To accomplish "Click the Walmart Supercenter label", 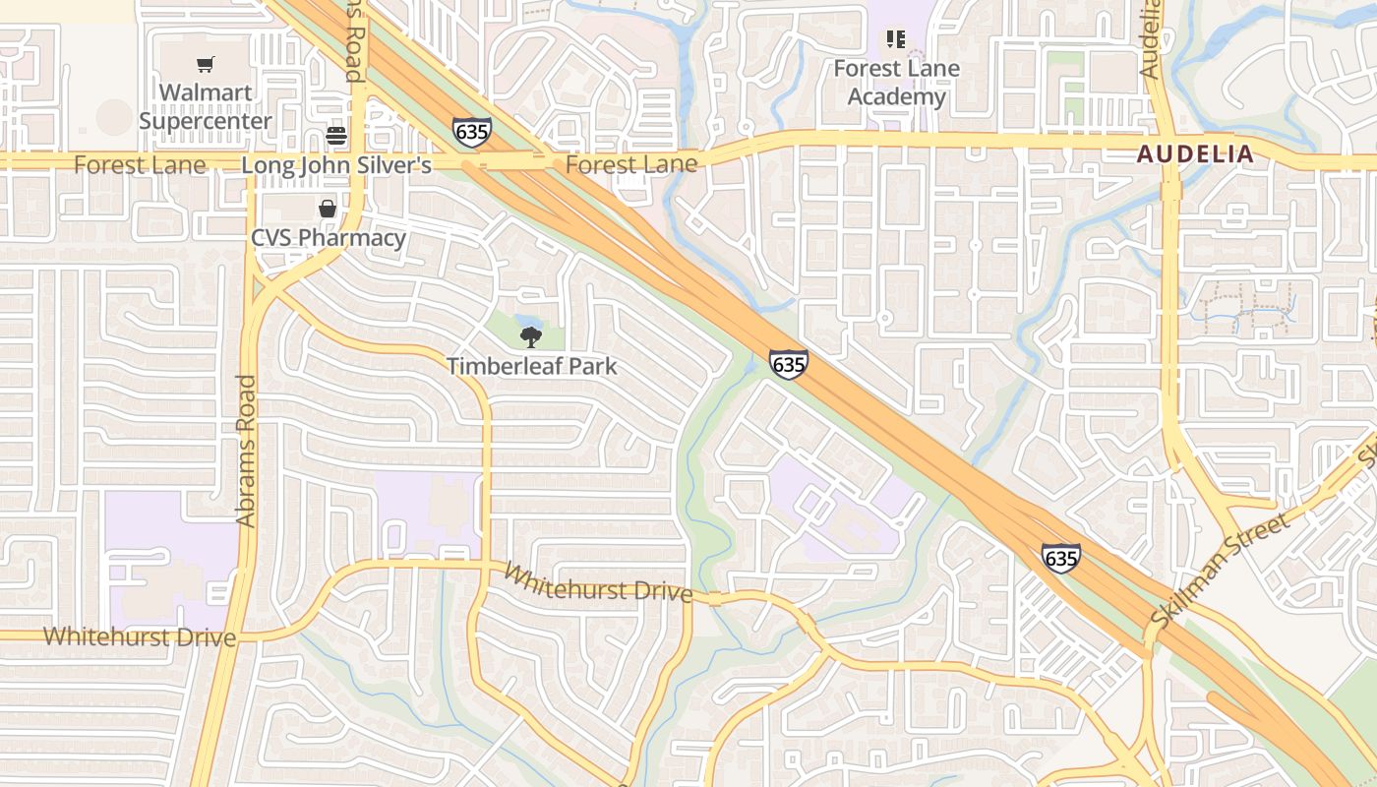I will pyautogui.click(x=205, y=106).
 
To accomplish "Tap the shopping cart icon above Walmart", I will pyautogui.click(x=205, y=65).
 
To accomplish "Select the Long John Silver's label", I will pyautogui.click(x=336, y=165).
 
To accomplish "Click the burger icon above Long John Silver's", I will pyautogui.click(x=336, y=136).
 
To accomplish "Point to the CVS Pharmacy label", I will pyautogui.click(x=328, y=238).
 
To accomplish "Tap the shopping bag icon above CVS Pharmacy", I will pyautogui.click(x=328, y=209).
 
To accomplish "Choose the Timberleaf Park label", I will pyautogui.click(x=531, y=366).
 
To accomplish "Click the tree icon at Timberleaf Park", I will pyautogui.click(x=531, y=337).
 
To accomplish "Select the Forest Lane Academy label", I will pyautogui.click(x=896, y=83).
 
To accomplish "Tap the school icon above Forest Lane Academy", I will pyautogui.click(x=896, y=39).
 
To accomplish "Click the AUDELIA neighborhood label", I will pyautogui.click(x=1196, y=153).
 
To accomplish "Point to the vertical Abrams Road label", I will pyautogui.click(x=246, y=451).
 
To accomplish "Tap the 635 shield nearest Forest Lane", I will pyautogui.click(x=472, y=132).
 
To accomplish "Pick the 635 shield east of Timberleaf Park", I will pyautogui.click(x=789, y=364).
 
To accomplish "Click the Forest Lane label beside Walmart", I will pyautogui.click(x=140, y=165).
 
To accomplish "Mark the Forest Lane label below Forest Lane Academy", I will pyautogui.click(x=630, y=164).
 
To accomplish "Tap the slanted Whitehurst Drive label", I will pyautogui.click(x=598, y=582).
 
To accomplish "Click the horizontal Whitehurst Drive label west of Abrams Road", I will pyautogui.click(x=140, y=636).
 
